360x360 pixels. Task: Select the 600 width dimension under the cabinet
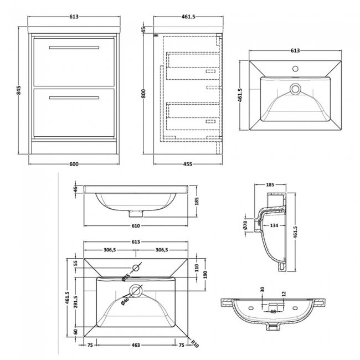click(74, 164)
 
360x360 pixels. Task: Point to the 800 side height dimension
click(143, 94)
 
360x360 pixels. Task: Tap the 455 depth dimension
click(188, 164)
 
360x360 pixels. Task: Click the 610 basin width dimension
click(136, 225)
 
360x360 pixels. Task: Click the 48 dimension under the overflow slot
click(272, 311)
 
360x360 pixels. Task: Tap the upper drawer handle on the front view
click(73, 48)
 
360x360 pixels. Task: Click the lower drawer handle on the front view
click(73, 98)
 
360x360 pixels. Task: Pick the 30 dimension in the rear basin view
click(262, 290)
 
